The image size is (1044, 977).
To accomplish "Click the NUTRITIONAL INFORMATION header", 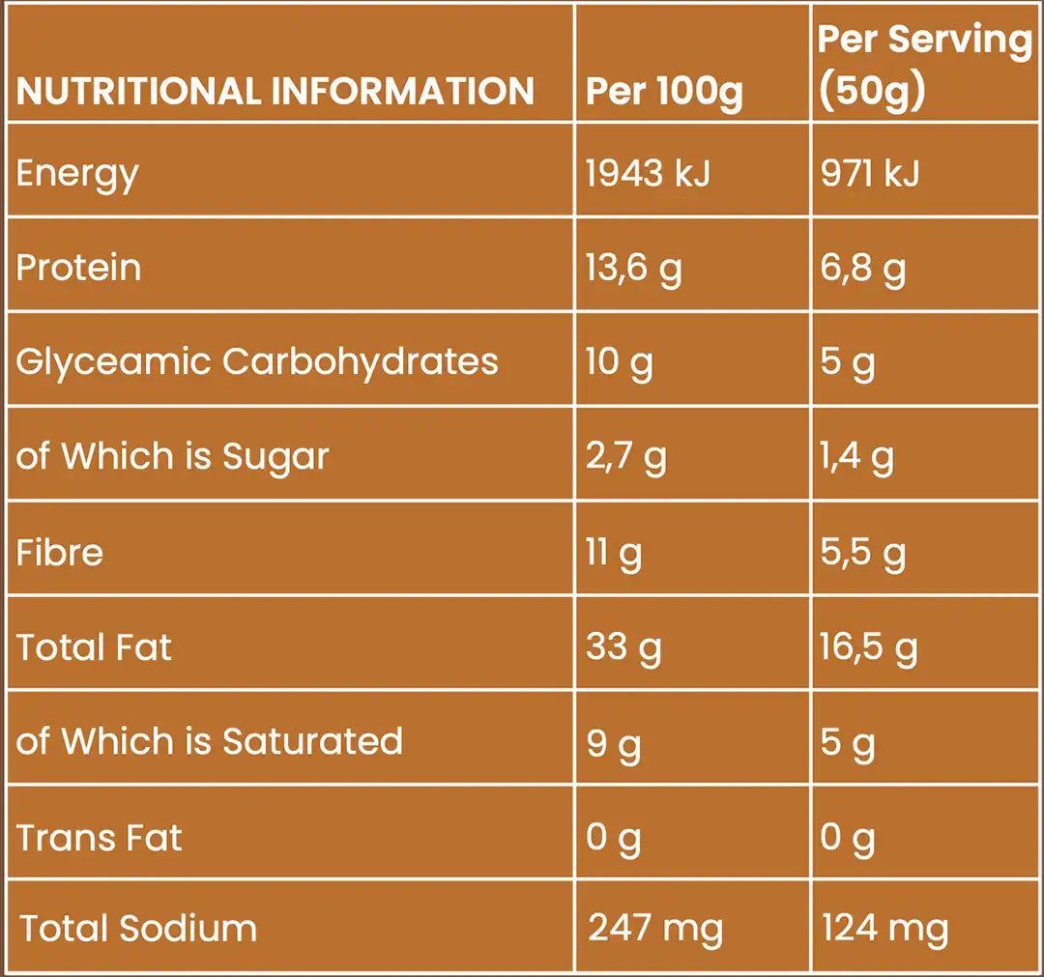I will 275,92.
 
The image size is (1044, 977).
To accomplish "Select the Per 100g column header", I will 664,92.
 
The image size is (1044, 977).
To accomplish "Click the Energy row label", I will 77,174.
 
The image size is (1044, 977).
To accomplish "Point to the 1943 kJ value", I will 648,174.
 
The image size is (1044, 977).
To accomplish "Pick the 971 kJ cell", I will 869,174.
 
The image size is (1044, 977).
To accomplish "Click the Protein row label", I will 78,268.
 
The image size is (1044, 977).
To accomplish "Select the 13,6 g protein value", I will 633,269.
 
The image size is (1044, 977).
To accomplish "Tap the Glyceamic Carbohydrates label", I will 257,361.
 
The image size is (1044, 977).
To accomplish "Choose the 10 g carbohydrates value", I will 619,363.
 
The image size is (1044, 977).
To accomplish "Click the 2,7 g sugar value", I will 625,457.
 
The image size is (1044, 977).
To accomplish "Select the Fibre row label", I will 60,553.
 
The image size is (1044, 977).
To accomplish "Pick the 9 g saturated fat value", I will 613,742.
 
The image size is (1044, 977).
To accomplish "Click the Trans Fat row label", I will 99,837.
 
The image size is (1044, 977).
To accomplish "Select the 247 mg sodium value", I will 655,929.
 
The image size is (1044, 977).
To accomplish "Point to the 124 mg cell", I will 884,929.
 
